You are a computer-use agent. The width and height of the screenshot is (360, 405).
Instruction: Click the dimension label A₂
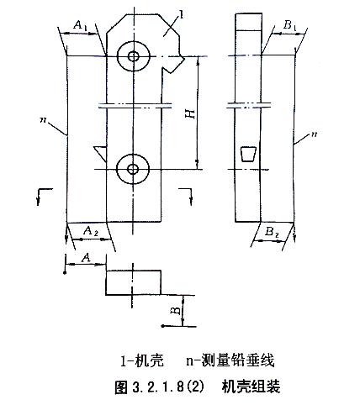click(91, 231)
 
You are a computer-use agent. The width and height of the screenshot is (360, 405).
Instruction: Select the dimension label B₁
click(289, 25)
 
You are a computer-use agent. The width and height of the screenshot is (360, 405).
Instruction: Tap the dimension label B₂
click(272, 232)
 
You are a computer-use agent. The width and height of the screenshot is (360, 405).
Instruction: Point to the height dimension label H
click(191, 113)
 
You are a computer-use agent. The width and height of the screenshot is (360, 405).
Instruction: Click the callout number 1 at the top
click(182, 15)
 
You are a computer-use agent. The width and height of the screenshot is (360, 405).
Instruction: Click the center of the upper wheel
click(134, 56)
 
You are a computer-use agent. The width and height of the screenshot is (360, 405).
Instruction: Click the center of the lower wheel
click(133, 169)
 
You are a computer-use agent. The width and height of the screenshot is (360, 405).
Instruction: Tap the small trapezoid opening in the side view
click(248, 154)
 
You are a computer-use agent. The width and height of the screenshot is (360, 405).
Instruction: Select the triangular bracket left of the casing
click(101, 153)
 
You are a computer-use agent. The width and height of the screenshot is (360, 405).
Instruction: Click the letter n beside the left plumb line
click(43, 120)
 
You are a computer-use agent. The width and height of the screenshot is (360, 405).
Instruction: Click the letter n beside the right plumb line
click(314, 134)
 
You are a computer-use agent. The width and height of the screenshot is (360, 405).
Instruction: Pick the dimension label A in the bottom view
click(87, 258)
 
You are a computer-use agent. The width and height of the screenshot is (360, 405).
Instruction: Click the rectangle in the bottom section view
click(133, 282)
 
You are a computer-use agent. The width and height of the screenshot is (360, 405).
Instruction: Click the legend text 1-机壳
click(142, 360)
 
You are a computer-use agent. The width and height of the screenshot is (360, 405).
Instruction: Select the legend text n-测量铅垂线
click(230, 360)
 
